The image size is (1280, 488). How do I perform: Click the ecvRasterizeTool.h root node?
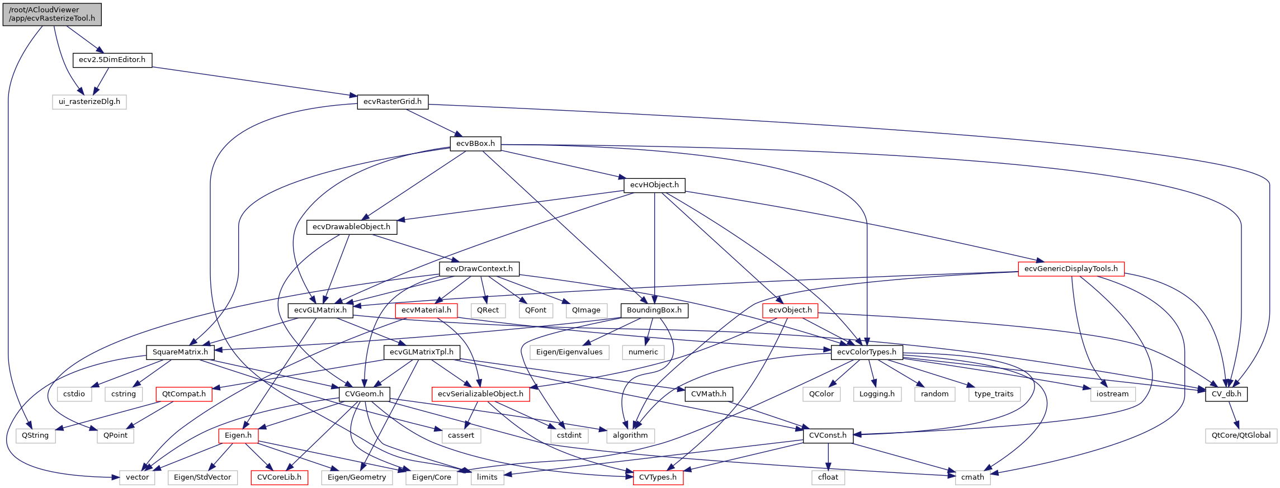52,14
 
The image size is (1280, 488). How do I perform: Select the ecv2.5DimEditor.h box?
112,60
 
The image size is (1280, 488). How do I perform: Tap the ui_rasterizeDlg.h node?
89,102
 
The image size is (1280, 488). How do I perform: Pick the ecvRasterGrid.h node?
393,102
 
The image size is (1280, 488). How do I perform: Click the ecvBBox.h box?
475,144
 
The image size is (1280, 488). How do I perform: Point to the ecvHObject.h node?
654,185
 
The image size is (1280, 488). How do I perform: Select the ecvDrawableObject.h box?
351,227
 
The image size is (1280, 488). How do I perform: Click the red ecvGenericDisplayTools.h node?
1071,269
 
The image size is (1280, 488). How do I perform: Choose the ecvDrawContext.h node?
479,269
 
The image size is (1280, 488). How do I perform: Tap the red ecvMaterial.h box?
426,310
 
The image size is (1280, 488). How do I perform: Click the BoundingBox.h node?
654,310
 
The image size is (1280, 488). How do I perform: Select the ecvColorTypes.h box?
866,352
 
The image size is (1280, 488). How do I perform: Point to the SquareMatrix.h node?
180,352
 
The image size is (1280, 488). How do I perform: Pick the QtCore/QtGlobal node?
1241,435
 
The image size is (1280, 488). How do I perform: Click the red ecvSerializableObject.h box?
480,394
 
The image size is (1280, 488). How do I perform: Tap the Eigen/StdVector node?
202,477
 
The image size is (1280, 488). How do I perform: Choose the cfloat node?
828,477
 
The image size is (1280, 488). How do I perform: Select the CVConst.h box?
828,435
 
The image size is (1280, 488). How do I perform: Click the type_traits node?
994,394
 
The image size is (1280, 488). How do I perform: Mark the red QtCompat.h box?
184,394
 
